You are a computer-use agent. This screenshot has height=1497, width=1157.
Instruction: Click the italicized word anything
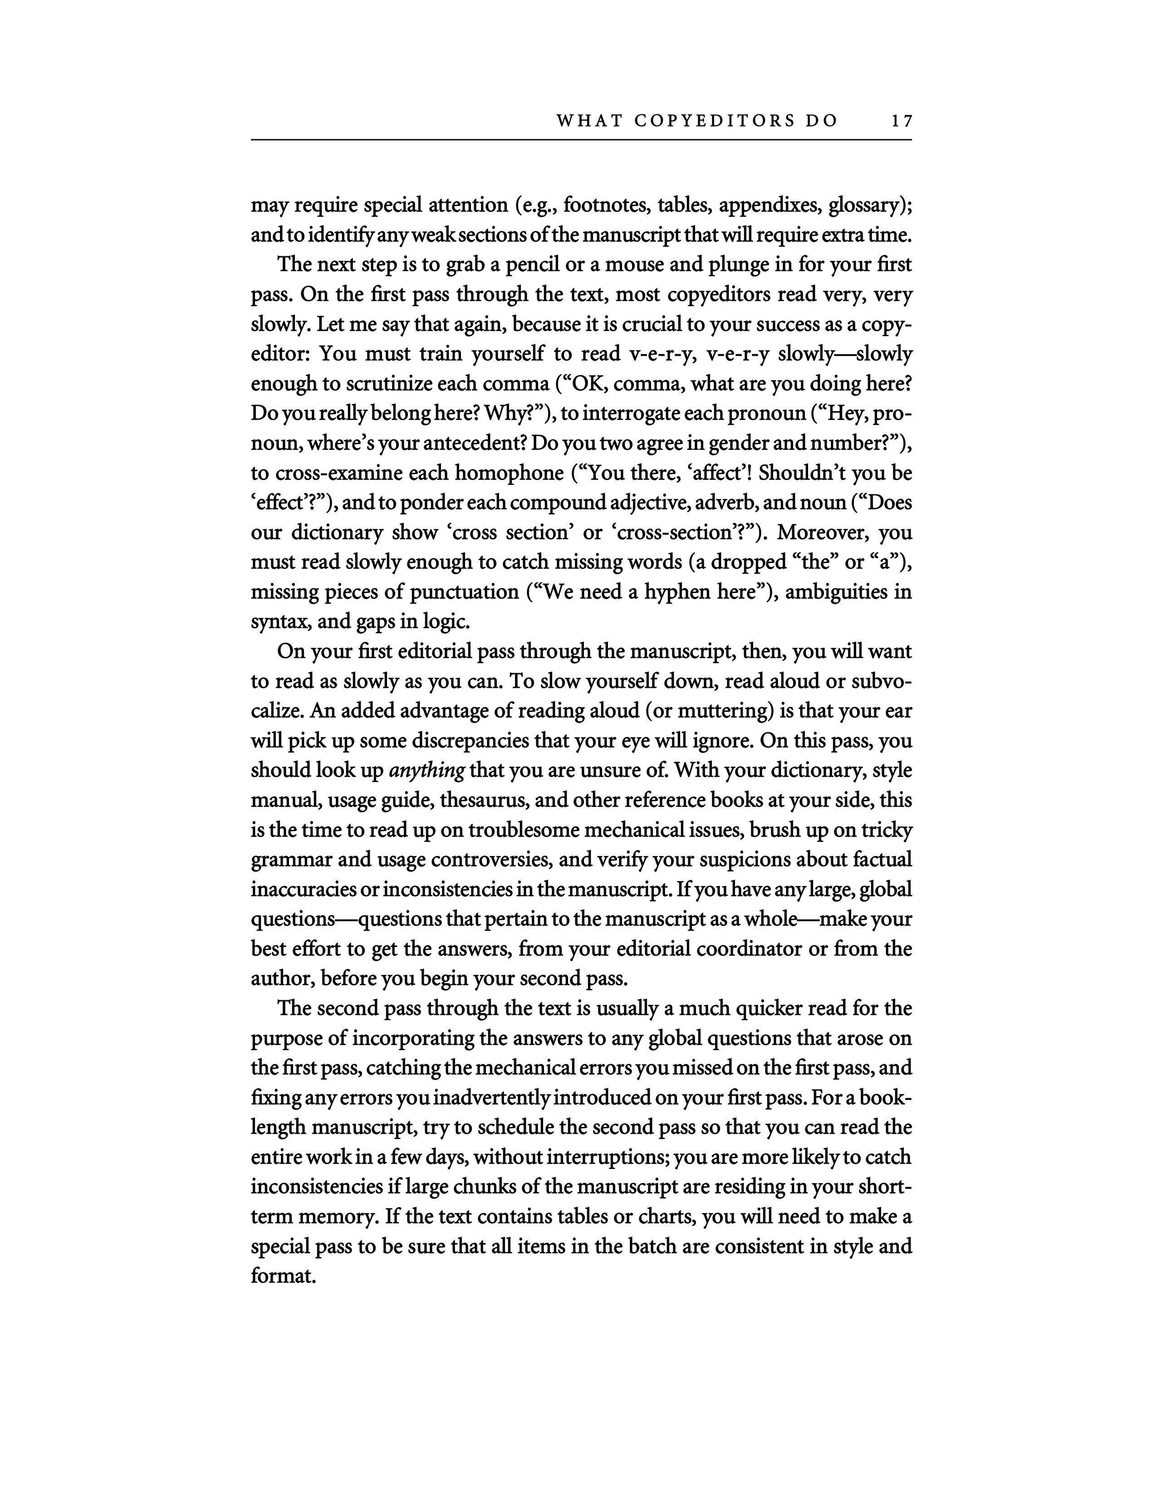click(427, 770)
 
